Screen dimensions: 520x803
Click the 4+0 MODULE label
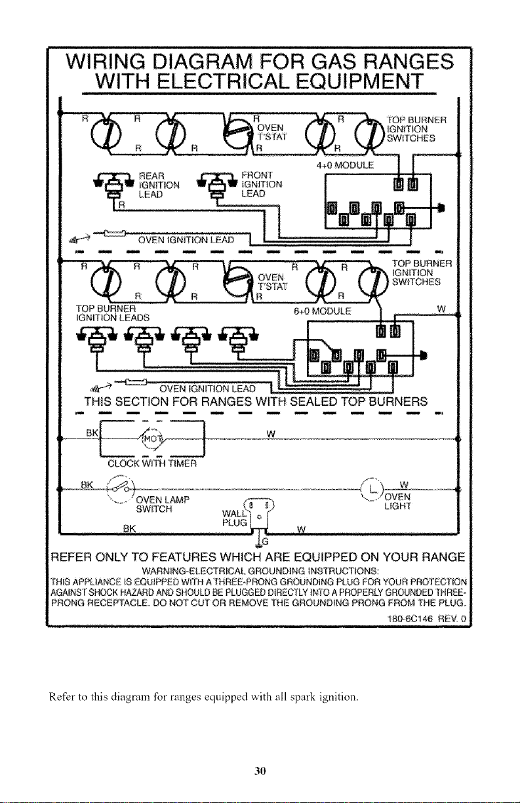pyautogui.click(x=345, y=165)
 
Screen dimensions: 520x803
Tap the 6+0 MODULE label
pyautogui.click(x=322, y=311)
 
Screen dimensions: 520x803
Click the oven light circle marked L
pyautogui.click(x=372, y=488)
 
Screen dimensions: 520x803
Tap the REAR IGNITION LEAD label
pyautogui.click(x=159, y=185)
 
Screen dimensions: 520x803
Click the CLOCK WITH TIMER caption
pyautogui.click(x=152, y=464)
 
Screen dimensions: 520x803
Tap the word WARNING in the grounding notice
pyautogui.click(x=161, y=570)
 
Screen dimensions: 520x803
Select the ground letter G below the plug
pyautogui.click(x=266, y=541)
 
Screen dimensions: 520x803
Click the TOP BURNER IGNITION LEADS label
pyautogui.click(x=113, y=313)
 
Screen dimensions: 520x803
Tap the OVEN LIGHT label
pyautogui.click(x=397, y=501)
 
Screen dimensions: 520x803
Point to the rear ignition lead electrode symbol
pyautogui.click(x=112, y=185)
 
